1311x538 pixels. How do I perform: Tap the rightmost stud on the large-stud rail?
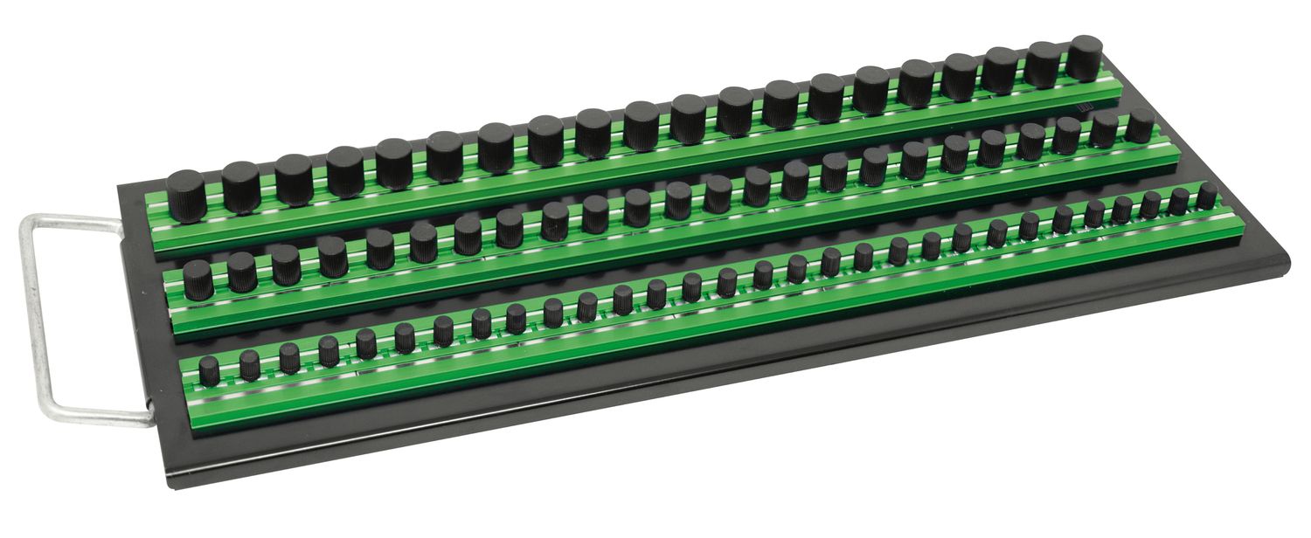[1086, 58]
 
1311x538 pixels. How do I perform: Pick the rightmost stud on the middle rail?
[1140, 126]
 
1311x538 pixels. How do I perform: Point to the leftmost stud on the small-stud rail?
[209, 370]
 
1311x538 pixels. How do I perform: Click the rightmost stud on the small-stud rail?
[1207, 196]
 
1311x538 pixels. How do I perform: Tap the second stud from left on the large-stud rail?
[240, 186]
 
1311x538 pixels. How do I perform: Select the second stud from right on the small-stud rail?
[1179, 201]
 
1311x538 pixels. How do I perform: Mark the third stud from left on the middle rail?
[285, 265]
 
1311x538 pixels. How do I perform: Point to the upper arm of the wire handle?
[74, 222]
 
